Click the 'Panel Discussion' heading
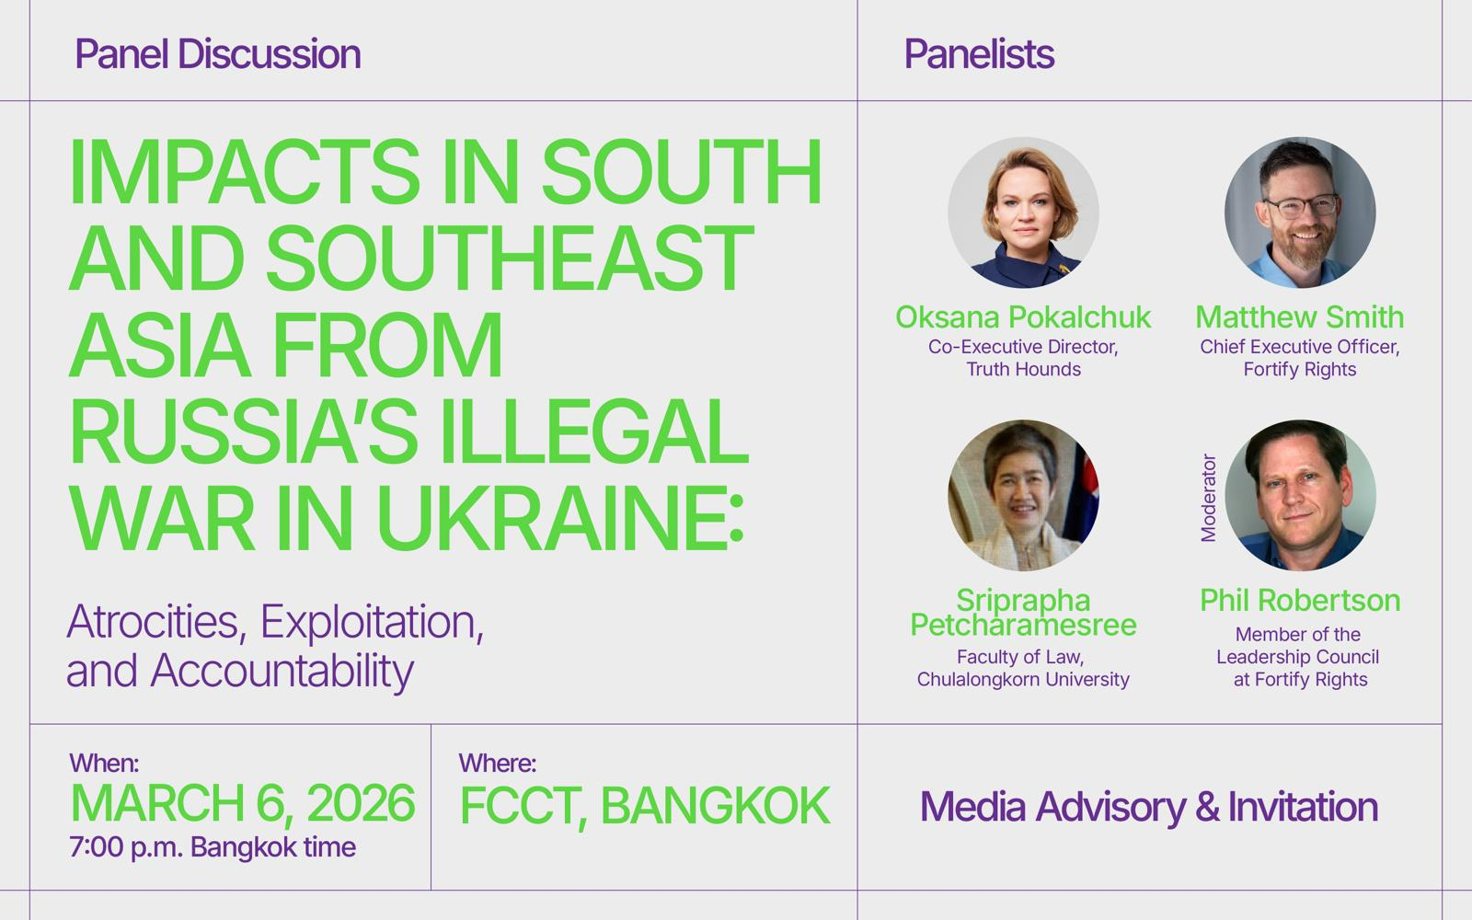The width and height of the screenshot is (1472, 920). point(218,54)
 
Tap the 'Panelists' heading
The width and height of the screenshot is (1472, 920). point(979,54)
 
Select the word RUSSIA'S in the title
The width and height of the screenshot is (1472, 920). point(244,431)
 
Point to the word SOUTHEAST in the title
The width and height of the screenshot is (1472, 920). point(510,258)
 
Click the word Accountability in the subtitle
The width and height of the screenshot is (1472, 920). point(282,672)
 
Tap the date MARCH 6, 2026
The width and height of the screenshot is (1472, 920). point(243,803)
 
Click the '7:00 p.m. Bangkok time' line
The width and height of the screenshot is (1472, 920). point(213,847)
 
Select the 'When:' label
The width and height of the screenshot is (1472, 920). point(104,763)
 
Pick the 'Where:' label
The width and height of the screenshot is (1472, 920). point(498,763)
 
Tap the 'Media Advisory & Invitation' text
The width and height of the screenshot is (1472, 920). point(1149,807)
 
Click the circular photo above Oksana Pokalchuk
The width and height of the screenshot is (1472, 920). point(1023,213)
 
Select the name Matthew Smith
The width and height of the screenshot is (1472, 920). point(1300,317)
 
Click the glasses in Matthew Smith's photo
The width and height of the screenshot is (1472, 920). point(1302,206)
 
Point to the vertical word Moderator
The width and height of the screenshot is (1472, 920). point(1209,498)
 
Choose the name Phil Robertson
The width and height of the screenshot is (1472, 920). point(1300,601)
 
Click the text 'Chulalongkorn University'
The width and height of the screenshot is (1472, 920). point(1023,680)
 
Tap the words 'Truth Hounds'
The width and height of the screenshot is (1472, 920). point(1023,369)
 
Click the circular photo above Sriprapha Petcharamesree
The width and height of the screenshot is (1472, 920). point(1023,496)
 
